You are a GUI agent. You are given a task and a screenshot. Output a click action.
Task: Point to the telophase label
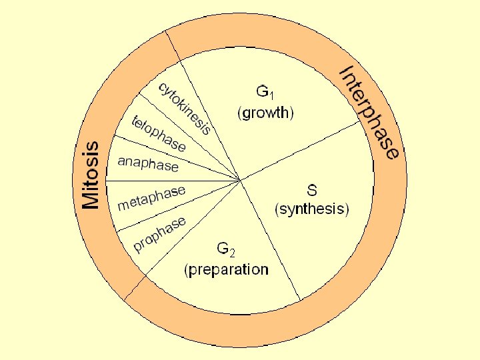click(x=159, y=133)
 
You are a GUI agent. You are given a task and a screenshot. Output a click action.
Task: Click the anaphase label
click(x=148, y=163)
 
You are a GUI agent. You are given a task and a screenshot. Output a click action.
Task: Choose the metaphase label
click(x=151, y=197)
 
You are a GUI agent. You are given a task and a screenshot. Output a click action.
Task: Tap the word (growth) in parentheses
click(x=265, y=113)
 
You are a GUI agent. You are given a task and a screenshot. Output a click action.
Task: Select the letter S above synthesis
click(x=311, y=189)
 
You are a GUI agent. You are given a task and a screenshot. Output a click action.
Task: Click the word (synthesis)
click(x=311, y=209)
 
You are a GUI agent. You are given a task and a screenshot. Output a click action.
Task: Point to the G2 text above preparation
click(x=225, y=249)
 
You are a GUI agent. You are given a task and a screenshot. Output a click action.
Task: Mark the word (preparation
click(x=227, y=270)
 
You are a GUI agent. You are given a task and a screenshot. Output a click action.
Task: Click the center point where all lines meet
click(x=241, y=179)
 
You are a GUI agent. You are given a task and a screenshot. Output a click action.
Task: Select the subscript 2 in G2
click(x=231, y=253)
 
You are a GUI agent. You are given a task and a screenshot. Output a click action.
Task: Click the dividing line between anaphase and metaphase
click(x=173, y=180)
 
